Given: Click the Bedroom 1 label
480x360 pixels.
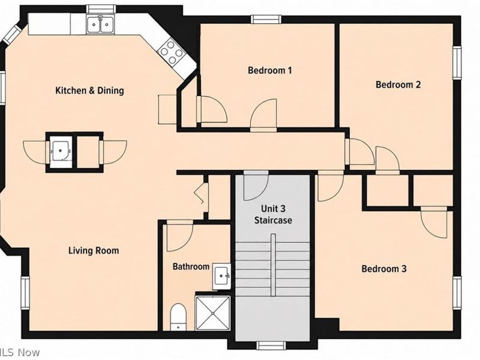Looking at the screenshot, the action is pyautogui.click(x=269, y=70).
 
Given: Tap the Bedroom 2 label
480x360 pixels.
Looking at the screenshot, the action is pyautogui.click(x=398, y=85).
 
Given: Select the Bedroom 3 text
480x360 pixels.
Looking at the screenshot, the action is pyautogui.click(x=384, y=269).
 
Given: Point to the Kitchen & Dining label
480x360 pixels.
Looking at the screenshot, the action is pyautogui.click(x=89, y=91).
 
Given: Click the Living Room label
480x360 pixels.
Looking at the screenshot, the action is pyautogui.click(x=94, y=251).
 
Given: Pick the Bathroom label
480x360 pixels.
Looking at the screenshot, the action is pyautogui.click(x=191, y=266).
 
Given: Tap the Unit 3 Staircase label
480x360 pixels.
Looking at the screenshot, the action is pyautogui.click(x=273, y=214).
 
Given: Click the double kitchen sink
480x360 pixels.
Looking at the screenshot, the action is pyautogui.click(x=100, y=24).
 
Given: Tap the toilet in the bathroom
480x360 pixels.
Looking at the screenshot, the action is pyautogui.click(x=178, y=317).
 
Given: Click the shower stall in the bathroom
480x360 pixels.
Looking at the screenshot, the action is pyautogui.click(x=213, y=313).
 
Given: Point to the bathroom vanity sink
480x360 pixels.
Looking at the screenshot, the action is pyautogui.click(x=221, y=276).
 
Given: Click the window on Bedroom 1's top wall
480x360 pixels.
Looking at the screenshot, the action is pyautogui.click(x=266, y=19).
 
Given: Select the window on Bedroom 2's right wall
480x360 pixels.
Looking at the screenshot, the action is pyautogui.click(x=457, y=62).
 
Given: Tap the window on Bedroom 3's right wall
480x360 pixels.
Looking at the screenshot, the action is pyautogui.click(x=457, y=292).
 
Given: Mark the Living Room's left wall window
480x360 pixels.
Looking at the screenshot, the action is pyautogui.click(x=25, y=293).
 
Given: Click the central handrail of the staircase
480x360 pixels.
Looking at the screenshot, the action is pyautogui.click(x=273, y=265).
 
